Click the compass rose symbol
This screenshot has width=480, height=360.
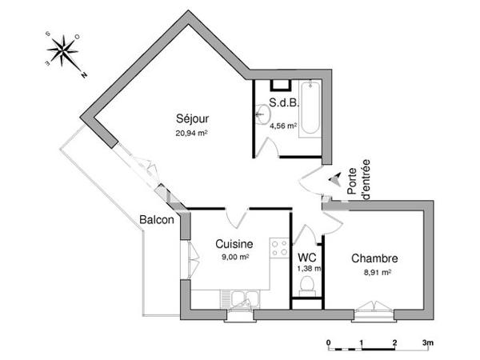tap(62, 53)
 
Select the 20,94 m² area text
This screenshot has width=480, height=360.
tap(191, 134)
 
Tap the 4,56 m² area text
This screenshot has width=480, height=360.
tap(283, 126)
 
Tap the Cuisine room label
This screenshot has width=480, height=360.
tap(234, 244)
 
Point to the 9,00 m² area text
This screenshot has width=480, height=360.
tap(234, 257)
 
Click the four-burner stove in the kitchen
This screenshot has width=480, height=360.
tap(279, 248)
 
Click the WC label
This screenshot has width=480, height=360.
tap(306, 258)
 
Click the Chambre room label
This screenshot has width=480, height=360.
tap(374, 258)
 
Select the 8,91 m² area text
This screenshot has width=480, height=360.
tap(374, 272)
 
